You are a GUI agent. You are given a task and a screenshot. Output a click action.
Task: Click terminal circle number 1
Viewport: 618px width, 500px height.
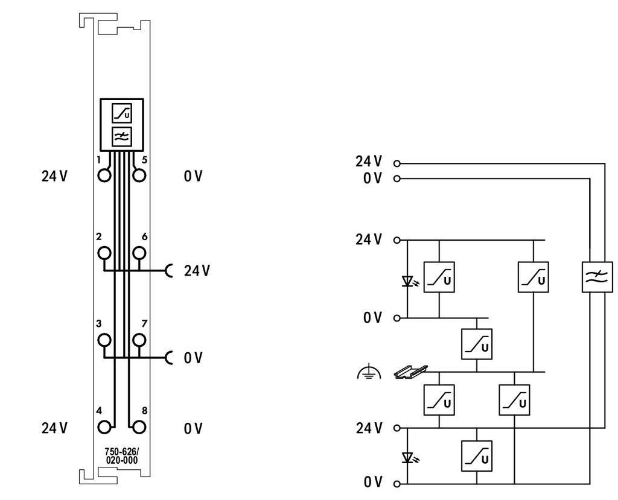[104, 176]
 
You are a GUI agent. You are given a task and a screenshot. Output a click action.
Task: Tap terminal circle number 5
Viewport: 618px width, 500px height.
[139, 176]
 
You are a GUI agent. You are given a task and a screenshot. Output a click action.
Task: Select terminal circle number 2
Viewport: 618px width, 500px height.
[104, 253]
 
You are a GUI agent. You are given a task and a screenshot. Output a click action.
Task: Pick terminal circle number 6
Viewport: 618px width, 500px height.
[139, 253]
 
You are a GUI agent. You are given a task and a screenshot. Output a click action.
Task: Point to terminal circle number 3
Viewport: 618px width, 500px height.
[104, 340]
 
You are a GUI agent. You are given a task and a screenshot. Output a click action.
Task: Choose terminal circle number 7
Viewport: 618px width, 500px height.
[139, 340]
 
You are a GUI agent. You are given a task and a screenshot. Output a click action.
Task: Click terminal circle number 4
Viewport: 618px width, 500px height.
[104, 427]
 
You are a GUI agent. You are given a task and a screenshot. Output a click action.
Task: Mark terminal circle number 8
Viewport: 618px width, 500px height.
[139, 427]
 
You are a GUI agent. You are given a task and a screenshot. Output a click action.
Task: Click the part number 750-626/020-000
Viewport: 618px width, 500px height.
[122, 456]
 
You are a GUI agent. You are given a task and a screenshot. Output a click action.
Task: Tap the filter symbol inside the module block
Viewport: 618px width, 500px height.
[122, 137]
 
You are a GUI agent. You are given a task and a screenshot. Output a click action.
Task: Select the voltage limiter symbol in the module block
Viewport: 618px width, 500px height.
[122, 113]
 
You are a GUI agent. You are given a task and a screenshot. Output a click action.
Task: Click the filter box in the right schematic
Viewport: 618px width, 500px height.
[597, 277]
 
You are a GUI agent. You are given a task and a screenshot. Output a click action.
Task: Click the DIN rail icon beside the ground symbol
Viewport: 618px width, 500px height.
[410, 372]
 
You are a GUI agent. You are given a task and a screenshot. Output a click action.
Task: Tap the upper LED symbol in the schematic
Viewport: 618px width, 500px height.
[409, 281]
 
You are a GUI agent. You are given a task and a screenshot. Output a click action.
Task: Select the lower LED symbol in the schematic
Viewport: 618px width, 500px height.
[409, 458]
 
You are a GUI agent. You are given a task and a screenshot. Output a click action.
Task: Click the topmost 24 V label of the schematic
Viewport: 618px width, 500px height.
[369, 161]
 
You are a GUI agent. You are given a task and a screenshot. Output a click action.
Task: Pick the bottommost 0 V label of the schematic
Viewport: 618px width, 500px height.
[373, 482]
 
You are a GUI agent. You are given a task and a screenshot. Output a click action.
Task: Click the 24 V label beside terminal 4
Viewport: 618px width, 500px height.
[54, 428]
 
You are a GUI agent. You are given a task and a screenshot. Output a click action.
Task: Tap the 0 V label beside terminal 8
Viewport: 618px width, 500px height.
[193, 428]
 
